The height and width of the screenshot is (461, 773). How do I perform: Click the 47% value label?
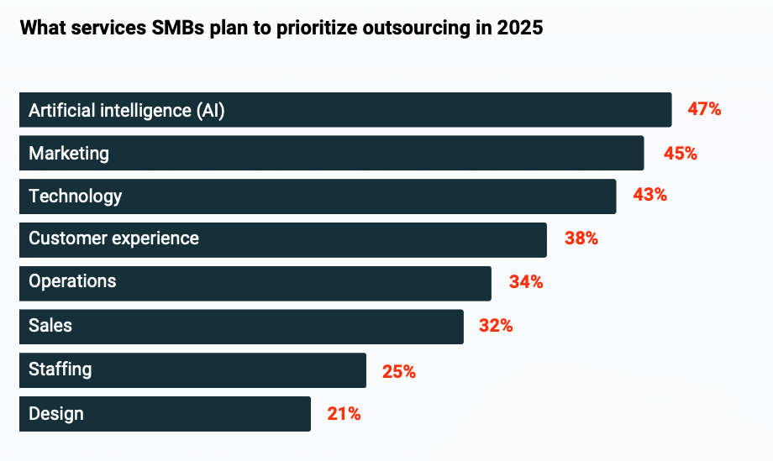704,109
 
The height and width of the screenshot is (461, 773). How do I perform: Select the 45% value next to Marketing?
680,153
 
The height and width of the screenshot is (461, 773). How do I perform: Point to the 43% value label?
649,196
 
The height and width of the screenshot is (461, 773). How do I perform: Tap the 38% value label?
581,238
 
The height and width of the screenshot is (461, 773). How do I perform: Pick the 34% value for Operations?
526,282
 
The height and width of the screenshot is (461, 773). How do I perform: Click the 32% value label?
496,326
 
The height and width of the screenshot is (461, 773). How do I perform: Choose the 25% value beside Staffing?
399,370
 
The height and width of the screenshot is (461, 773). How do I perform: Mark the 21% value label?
344,413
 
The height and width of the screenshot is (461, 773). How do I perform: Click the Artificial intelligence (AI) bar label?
127,110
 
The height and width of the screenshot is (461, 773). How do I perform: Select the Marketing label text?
69,153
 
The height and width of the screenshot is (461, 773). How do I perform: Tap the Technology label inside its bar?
76,196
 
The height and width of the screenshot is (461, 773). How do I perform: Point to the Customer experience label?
113,238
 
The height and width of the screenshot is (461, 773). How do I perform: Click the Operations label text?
72,281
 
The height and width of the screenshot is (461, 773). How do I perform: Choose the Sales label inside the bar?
50,325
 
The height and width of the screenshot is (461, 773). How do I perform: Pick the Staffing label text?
60,369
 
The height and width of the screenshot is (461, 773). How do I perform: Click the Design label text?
56,413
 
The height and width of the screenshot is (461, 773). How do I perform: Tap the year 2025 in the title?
521,28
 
